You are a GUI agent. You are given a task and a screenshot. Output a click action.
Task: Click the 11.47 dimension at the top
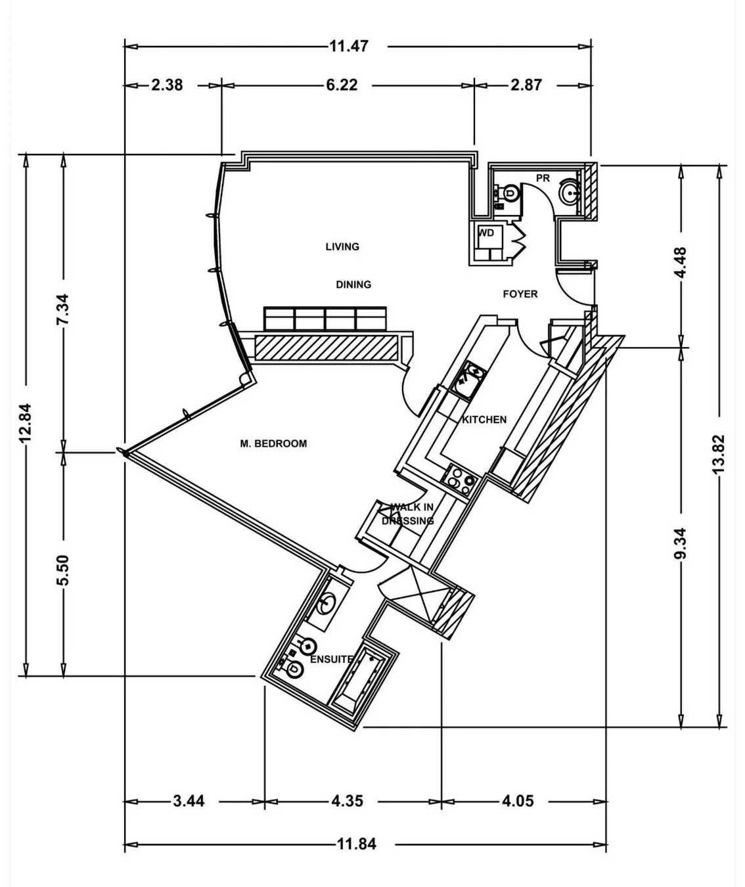coord(349,46)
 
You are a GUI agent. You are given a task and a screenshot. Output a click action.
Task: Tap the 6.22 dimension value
coord(342,85)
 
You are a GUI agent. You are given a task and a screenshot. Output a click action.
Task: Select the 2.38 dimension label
coord(167,85)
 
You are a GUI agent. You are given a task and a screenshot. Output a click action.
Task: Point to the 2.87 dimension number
coord(526,85)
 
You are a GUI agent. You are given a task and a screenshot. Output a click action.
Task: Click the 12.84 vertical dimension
coord(26,422)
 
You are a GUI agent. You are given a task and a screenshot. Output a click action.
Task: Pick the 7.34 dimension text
coord(63,309)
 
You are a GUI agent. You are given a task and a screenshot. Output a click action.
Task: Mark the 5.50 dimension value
coord(63,570)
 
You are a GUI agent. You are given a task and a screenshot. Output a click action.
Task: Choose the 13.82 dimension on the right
coord(719,454)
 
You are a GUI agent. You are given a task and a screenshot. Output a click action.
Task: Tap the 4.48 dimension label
coord(681,263)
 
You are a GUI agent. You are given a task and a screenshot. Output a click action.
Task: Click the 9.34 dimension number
coord(681,543)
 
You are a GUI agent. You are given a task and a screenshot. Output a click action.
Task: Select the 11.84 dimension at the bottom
coord(357,844)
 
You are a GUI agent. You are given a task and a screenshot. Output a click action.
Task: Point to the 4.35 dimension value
coord(348,801)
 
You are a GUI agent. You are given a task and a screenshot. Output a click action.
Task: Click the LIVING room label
coord(342,246)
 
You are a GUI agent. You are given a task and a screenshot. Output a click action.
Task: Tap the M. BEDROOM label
coord(273,444)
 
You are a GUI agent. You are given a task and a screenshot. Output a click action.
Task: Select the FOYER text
coord(520,294)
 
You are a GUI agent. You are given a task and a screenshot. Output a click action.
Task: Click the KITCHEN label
coord(484,419)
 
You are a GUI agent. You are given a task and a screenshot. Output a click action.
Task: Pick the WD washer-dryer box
coord(489,242)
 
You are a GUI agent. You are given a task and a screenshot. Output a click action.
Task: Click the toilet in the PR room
coord(509,194)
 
